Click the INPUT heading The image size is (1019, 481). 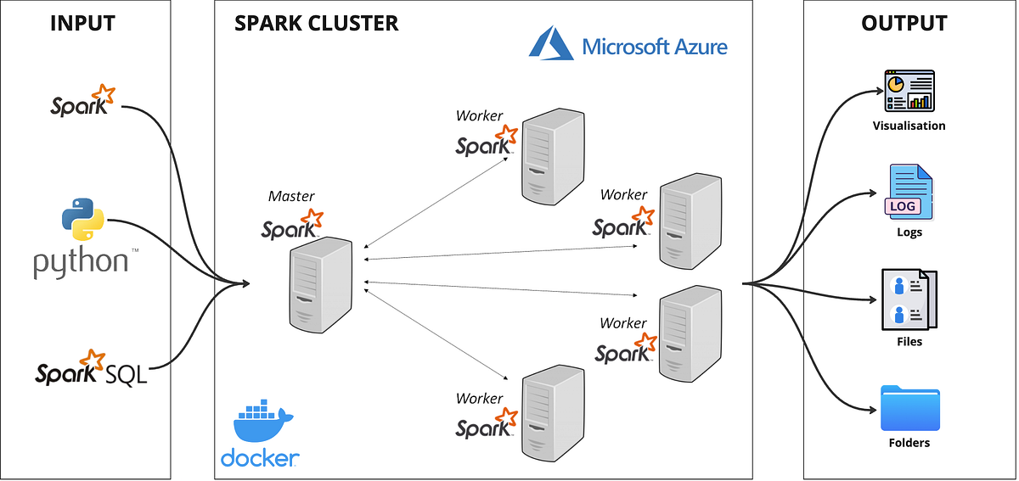(82, 23)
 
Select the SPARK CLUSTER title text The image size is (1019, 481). (316, 23)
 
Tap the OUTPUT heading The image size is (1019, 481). (904, 23)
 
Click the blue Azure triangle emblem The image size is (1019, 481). (552, 44)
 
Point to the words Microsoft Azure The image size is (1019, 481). (655, 46)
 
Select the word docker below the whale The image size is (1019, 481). (260, 459)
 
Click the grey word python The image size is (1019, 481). (81, 262)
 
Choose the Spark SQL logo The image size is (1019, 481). (91, 368)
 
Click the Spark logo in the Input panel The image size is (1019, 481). (82, 101)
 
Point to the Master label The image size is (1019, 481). (291, 196)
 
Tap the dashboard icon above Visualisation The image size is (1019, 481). (909, 92)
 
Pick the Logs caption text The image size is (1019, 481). (909, 232)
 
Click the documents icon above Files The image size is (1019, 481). (909, 301)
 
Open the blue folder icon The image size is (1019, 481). (909, 408)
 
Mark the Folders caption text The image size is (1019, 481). (909, 443)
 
